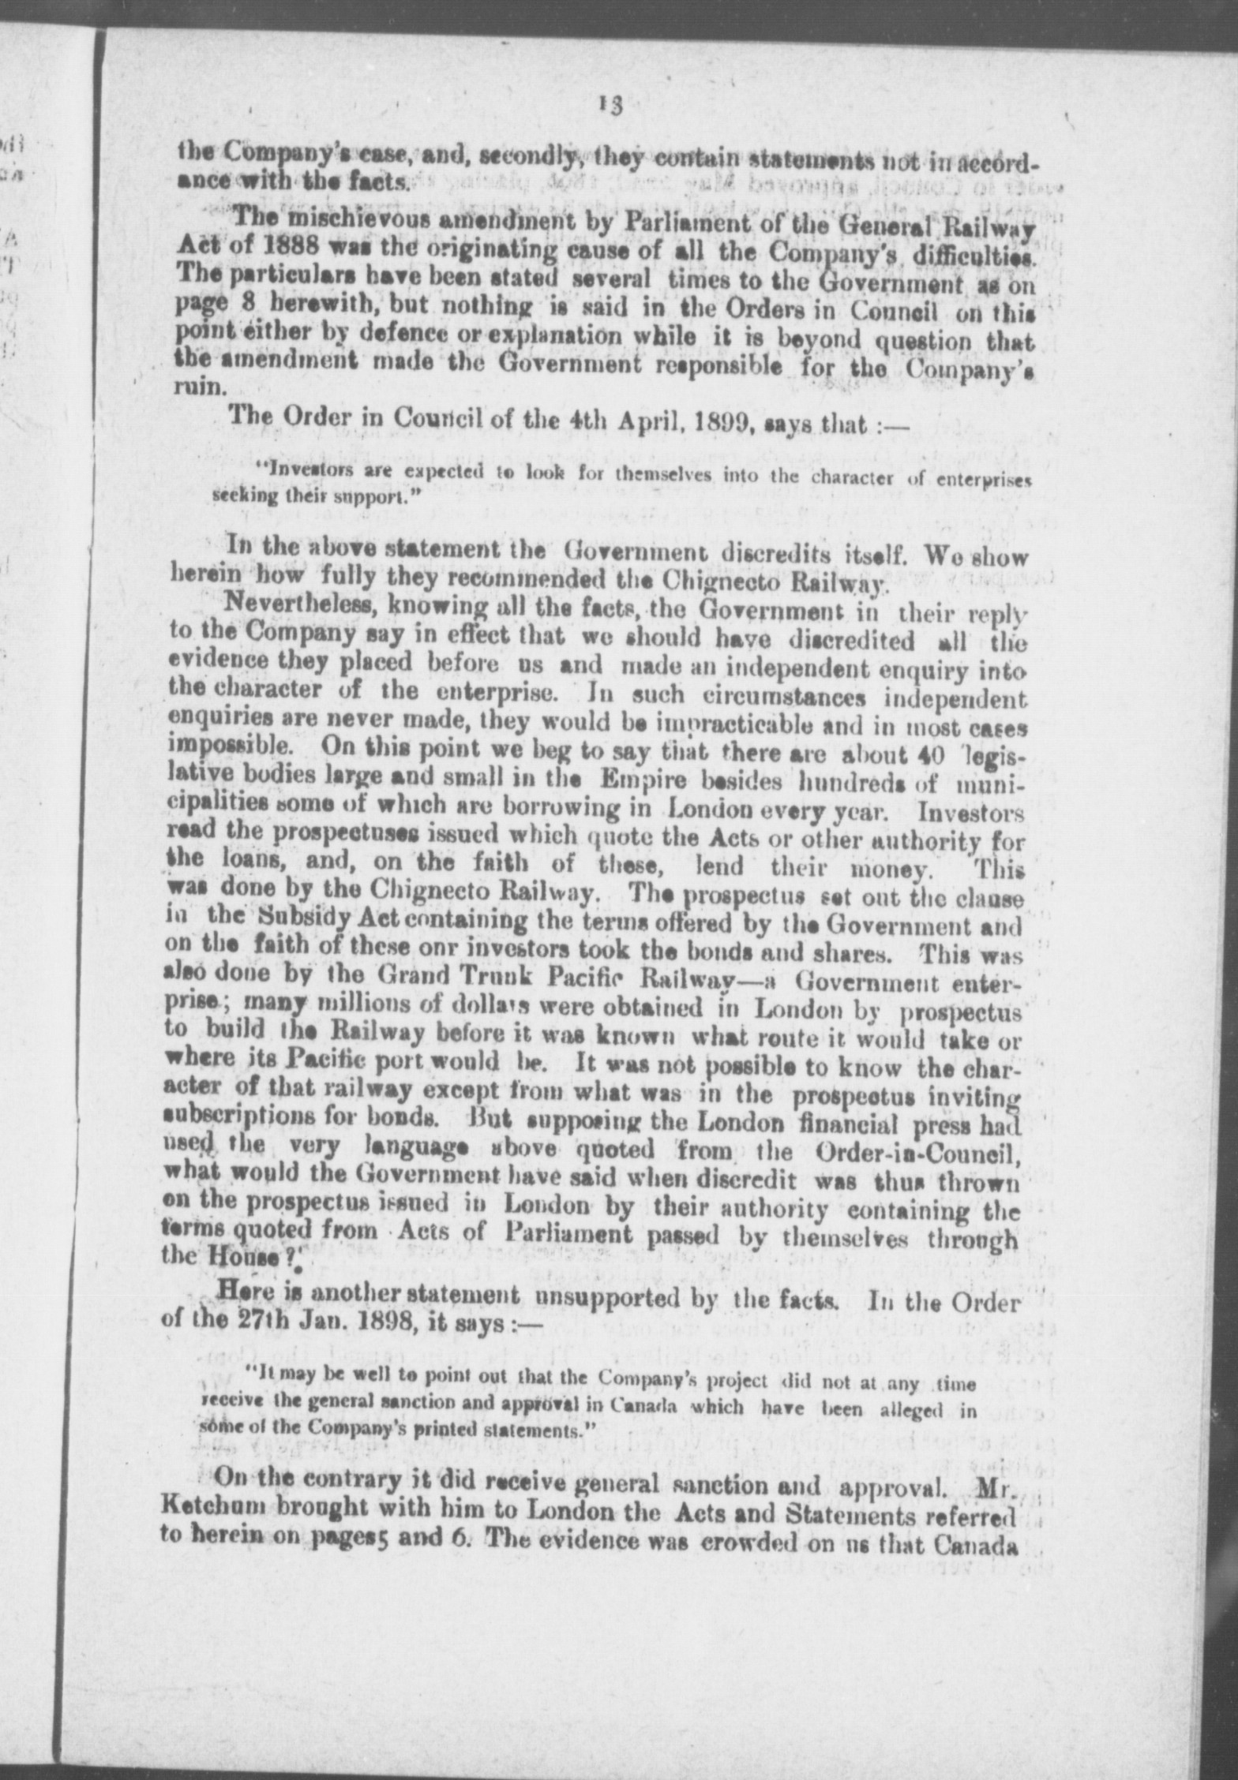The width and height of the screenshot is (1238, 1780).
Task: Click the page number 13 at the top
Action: point(610,106)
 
